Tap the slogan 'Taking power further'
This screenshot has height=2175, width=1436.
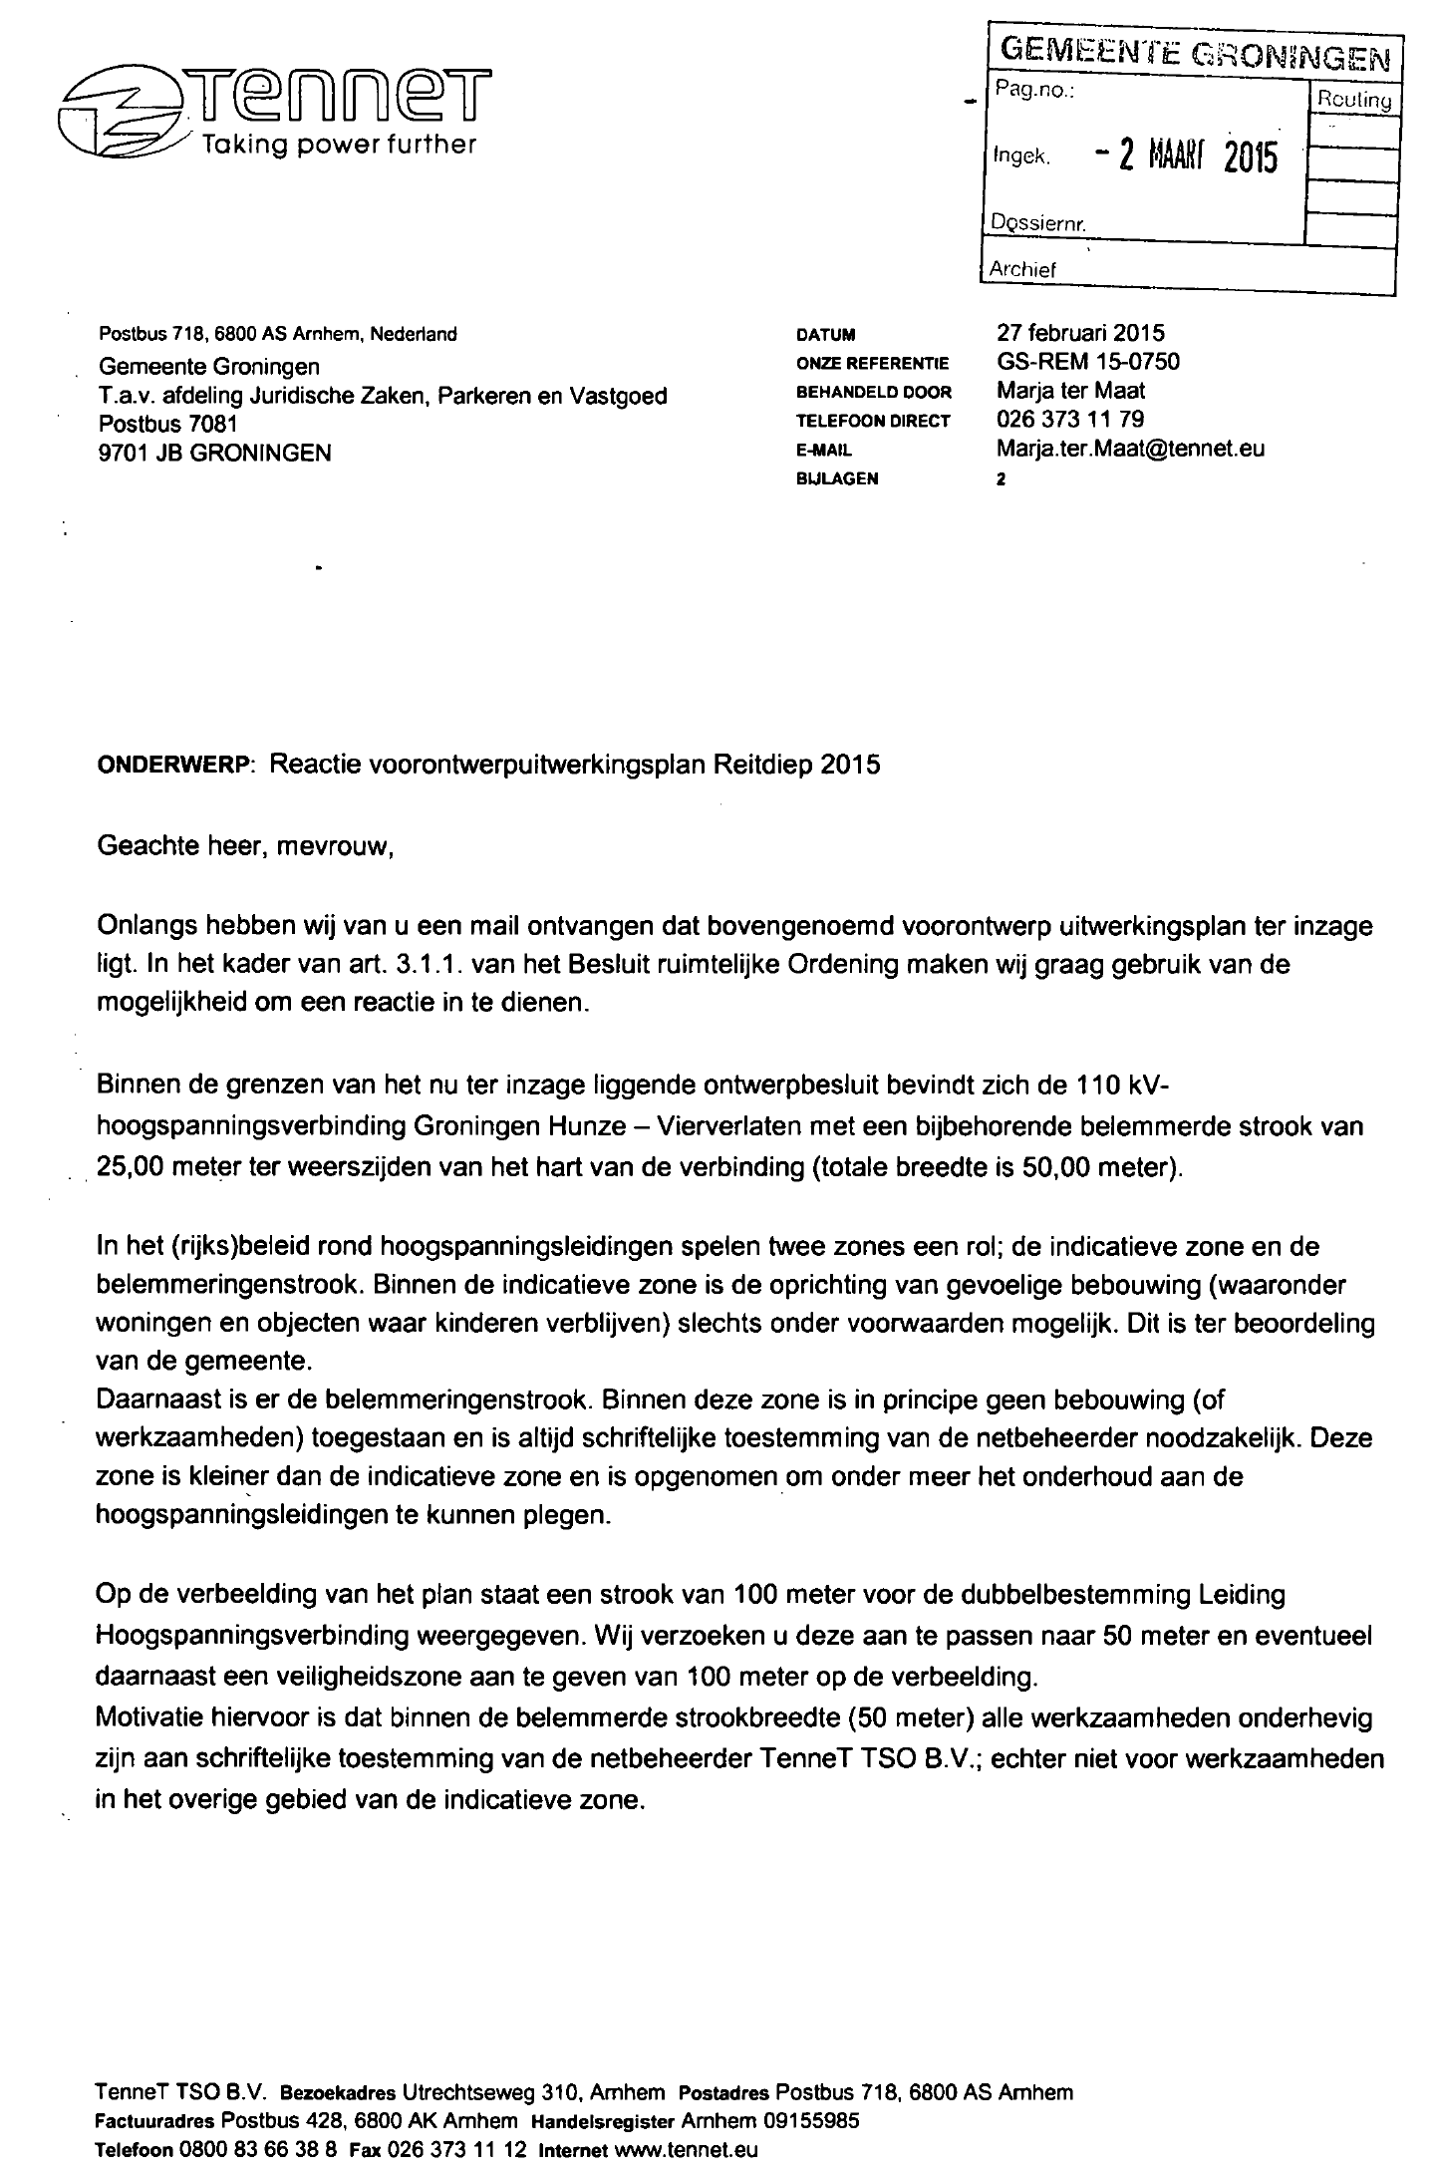pyautogui.click(x=339, y=145)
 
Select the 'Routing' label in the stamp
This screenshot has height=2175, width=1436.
pyautogui.click(x=1353, y=100)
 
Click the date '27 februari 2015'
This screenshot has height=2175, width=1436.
pyautogui.click(x=1080, y=333)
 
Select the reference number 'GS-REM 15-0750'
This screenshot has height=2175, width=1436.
pyautogui.click(x=1088, y=362)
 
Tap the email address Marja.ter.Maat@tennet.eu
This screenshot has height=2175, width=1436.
pyautogui.click(x=1130, y=449)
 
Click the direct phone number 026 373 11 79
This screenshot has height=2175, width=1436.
pyautogui.click(x=1070, y=420)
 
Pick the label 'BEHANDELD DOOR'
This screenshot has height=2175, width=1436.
pyautogui.click(x=874, y=392)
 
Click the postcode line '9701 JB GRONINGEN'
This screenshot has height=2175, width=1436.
pyautogui.click(x=215, y=454)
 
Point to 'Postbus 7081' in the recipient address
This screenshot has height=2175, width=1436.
pyautogui.click(x=167, y=425)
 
